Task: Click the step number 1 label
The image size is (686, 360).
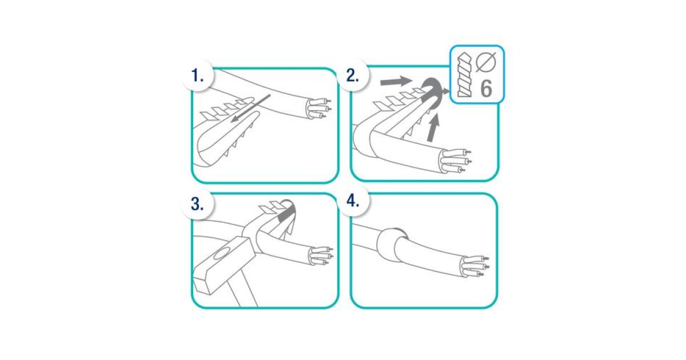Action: [198, 75]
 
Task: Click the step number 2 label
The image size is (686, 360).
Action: [353, 75]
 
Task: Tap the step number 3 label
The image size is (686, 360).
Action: [198, 204]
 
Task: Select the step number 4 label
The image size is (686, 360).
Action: [353, 201]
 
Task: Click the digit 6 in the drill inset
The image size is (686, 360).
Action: [486, 89]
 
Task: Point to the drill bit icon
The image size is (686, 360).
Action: [464, 75]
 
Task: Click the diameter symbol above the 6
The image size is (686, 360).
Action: [486, 62]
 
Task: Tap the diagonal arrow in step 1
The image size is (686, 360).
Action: [250, 109]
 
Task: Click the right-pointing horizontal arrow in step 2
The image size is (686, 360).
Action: [396, 82]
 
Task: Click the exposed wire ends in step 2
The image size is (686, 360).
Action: [455, 161]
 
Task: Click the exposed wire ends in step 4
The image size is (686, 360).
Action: [474, 267]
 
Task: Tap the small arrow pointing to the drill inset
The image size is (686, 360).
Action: [445, 91]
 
